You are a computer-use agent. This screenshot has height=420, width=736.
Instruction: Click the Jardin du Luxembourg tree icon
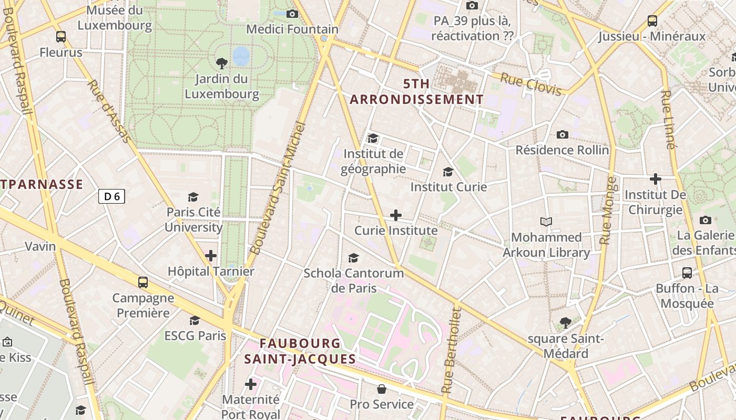(x=222, y=64)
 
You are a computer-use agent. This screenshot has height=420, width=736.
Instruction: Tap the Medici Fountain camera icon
(x=292, y=14)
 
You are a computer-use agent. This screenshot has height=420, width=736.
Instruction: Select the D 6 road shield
(x=111, y=196)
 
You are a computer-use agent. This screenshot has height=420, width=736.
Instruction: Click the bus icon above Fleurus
(x=61, y=37)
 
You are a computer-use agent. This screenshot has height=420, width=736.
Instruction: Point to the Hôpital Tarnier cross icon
(x=211, y=256)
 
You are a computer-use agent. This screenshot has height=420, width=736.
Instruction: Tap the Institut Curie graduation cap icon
(x=448, y=172)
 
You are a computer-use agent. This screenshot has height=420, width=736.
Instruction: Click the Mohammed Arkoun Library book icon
(x=546, y=222)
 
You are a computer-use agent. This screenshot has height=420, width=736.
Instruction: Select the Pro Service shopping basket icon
(x=382, y=389)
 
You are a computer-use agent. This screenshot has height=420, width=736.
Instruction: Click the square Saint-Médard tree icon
(x=566, y=323)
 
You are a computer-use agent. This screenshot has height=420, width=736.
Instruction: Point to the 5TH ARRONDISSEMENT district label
(x=416, y=91)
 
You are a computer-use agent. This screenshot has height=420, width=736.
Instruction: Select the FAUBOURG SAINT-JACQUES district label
(x=300, y=351)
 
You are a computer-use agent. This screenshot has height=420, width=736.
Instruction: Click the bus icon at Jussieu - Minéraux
(x=652, y=21)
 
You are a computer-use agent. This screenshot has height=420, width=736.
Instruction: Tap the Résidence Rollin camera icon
(x=563, y=135)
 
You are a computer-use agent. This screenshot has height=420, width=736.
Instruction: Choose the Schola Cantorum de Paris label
(x=354, y=280)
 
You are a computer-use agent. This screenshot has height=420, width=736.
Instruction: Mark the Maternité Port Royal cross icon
(x=251, y=384)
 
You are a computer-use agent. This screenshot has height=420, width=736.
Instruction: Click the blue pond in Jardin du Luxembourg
(x=241, y=56)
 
